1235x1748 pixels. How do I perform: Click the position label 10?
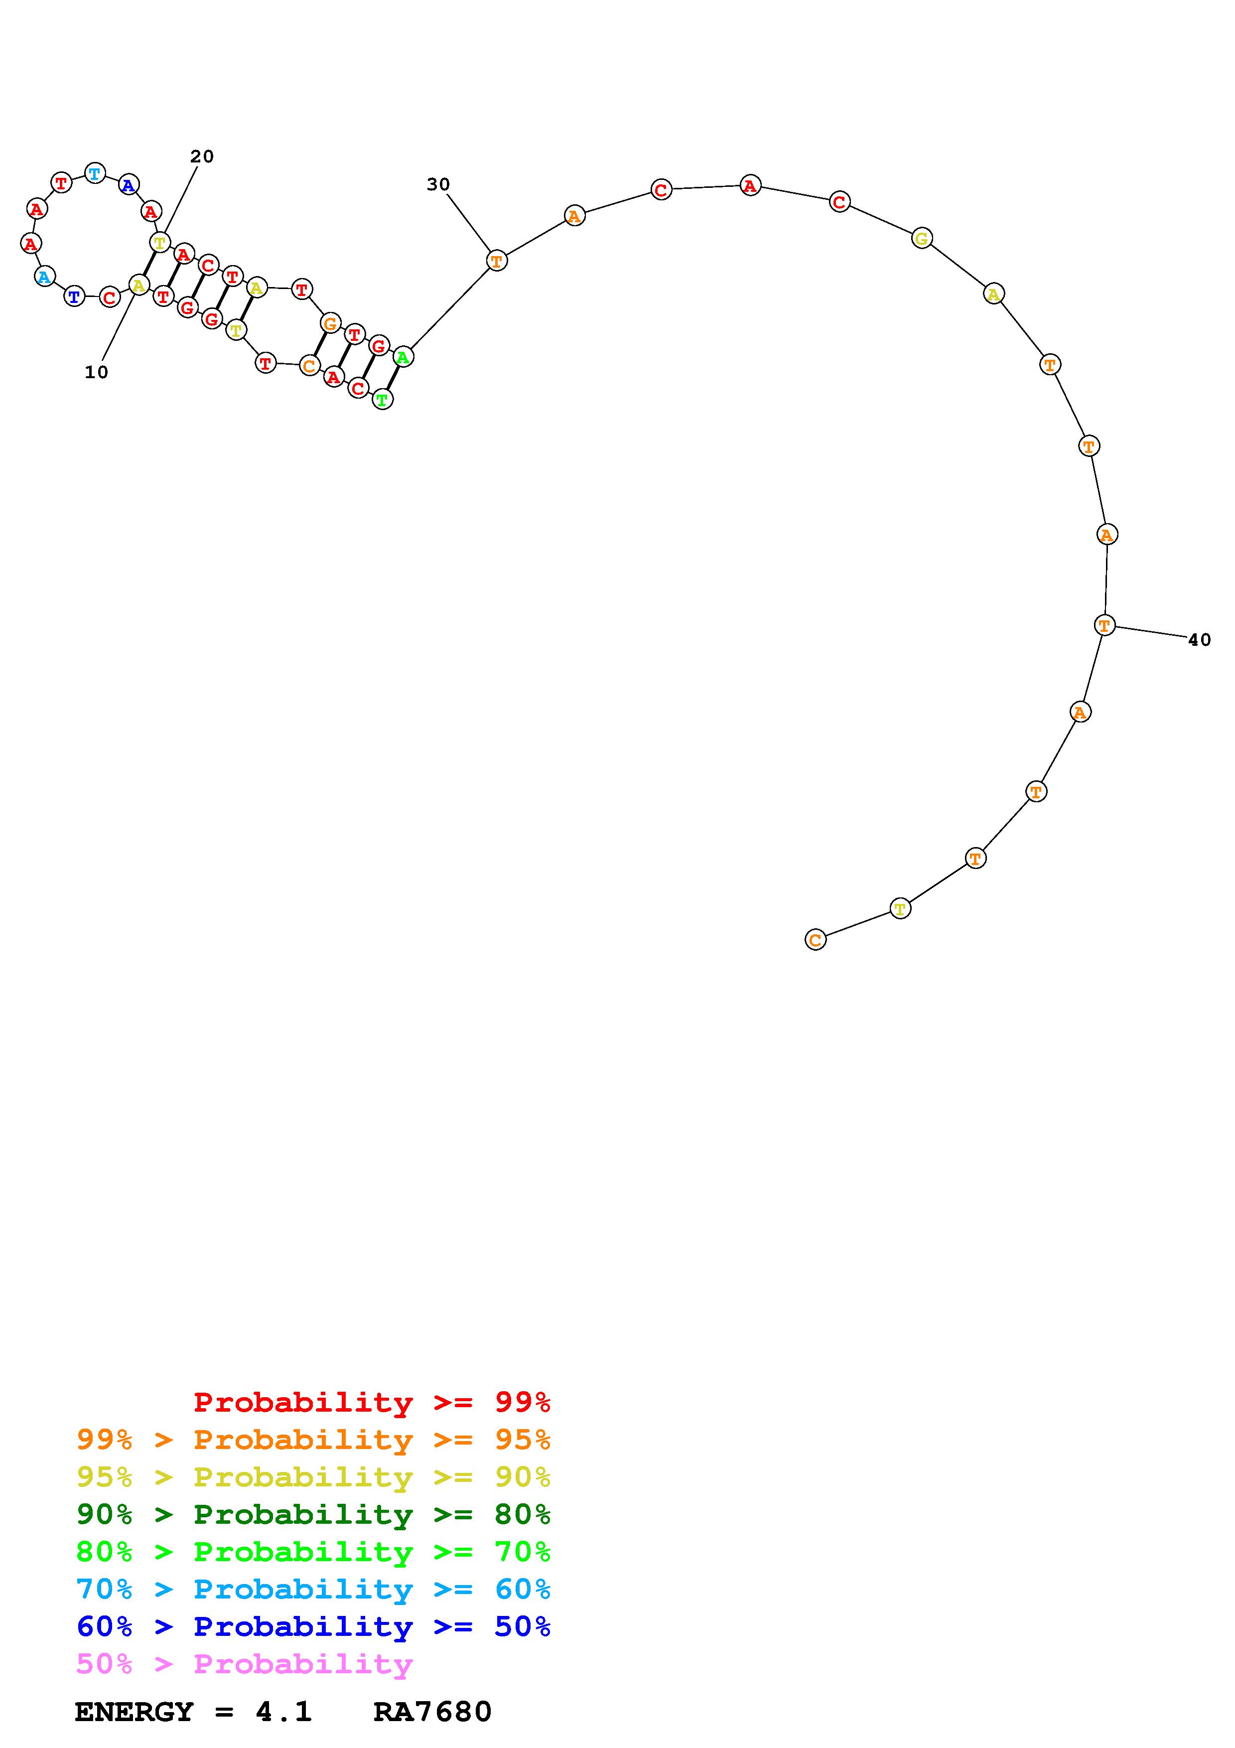tap(97, 372)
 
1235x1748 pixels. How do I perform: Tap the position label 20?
tap(202, 156)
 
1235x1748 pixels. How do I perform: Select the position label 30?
tap(438, 184)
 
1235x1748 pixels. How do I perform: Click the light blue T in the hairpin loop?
tap(94, 173)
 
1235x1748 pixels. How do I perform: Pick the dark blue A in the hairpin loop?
tap(129, 185)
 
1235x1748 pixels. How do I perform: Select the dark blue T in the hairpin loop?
tap(74, 295)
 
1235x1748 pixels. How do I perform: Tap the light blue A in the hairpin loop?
tap(45, 277)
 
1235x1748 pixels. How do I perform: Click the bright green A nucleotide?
tap(404, 356)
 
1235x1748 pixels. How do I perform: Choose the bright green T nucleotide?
tap(383, 399)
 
